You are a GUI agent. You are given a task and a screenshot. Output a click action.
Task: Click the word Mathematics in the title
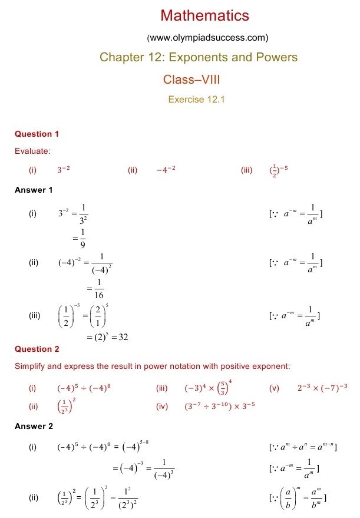point(205,15)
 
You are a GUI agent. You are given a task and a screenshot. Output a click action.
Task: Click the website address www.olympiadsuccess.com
point(207,38)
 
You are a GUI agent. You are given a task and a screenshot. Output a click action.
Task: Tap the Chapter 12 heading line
point(199,57)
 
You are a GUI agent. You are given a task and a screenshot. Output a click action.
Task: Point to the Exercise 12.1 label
point(197,99)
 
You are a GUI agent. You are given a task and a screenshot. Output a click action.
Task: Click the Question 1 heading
point(37,134)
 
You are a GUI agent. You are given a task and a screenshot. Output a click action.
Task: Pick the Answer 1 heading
point(34,190)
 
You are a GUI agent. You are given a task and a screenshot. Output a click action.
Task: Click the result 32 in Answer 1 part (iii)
point(123,337)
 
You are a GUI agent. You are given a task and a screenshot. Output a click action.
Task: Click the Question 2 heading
point(37,349)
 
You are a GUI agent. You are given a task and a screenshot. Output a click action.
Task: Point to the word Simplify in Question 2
point(31,367)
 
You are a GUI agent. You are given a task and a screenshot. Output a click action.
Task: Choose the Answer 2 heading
point(34,426)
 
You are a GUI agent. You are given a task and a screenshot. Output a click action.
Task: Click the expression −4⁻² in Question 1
point(166,170)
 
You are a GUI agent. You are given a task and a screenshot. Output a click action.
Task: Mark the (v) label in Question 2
point(273,388)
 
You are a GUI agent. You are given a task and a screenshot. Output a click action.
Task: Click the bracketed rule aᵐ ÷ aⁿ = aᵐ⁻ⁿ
point(302,447)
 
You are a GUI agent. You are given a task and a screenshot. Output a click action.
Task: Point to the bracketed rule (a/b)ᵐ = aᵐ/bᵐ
point(297,499)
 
